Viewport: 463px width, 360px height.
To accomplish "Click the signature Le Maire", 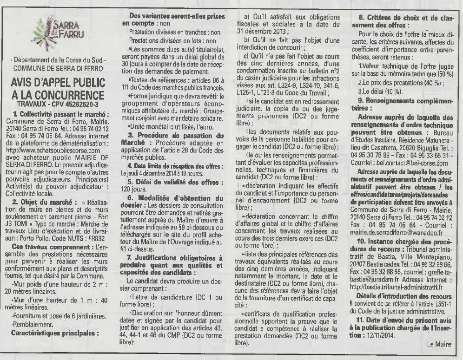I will (x=438, y=344).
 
